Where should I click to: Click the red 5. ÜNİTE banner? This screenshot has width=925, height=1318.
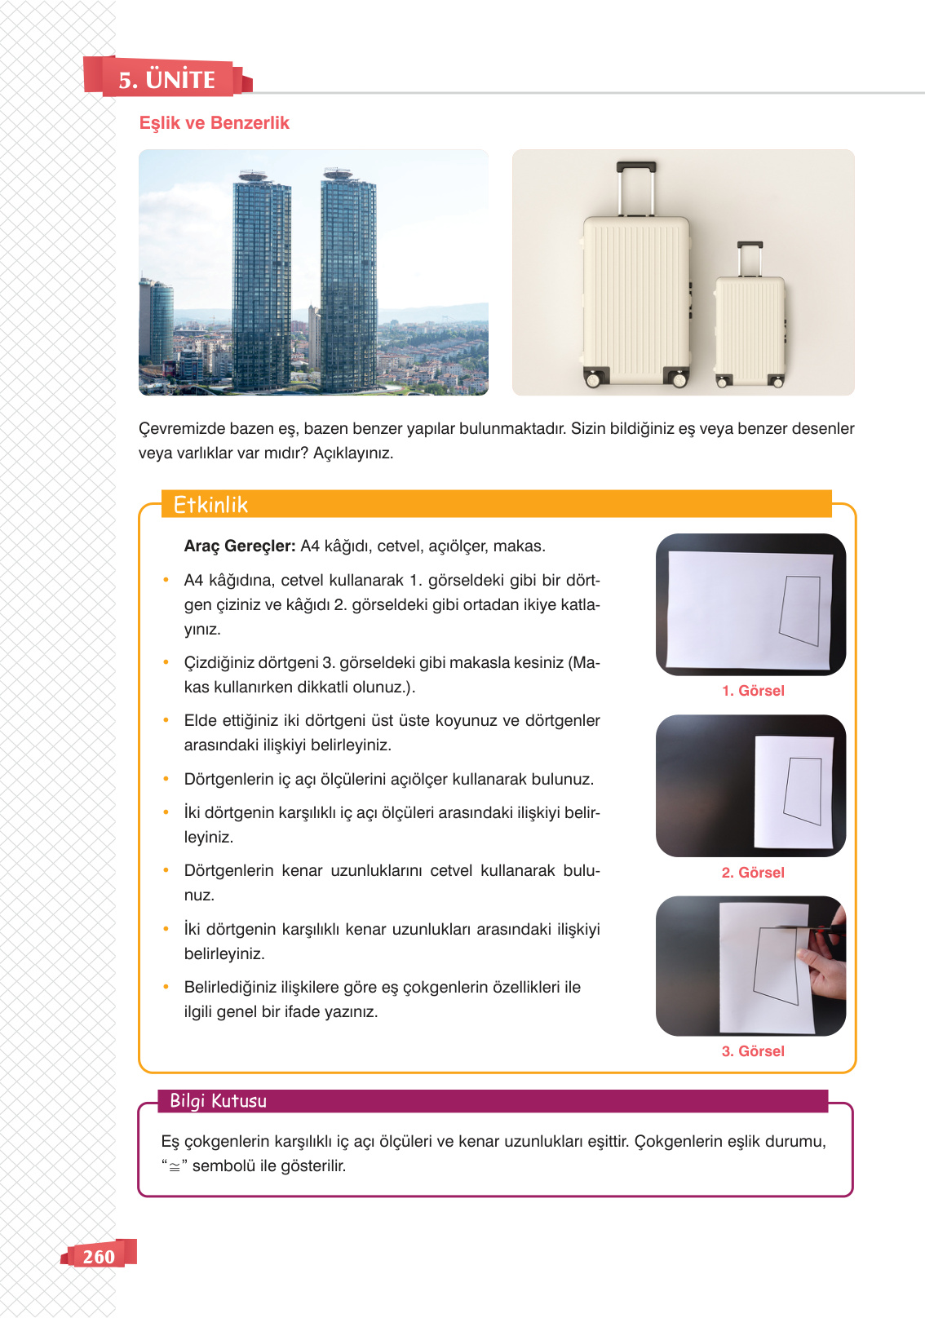click(x=168, y=77)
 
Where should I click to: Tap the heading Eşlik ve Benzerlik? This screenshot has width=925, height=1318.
click(x=215, y=123)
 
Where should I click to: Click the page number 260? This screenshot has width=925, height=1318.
click(x=99, y=1256)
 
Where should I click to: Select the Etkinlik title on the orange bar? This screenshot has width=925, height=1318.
click(x=210, y=505)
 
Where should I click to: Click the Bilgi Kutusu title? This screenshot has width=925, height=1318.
click(x=219, y=1101)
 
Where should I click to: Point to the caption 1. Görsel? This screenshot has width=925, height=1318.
click(x=753, y=691)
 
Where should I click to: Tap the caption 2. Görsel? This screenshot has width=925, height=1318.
click(x=753, y=873)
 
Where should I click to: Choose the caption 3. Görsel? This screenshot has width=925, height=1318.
click(x=753, y=1051)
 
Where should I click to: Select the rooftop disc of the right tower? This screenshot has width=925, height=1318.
click(x=338, y=173)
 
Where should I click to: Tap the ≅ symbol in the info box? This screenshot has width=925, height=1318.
click(x=175, y=1167)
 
